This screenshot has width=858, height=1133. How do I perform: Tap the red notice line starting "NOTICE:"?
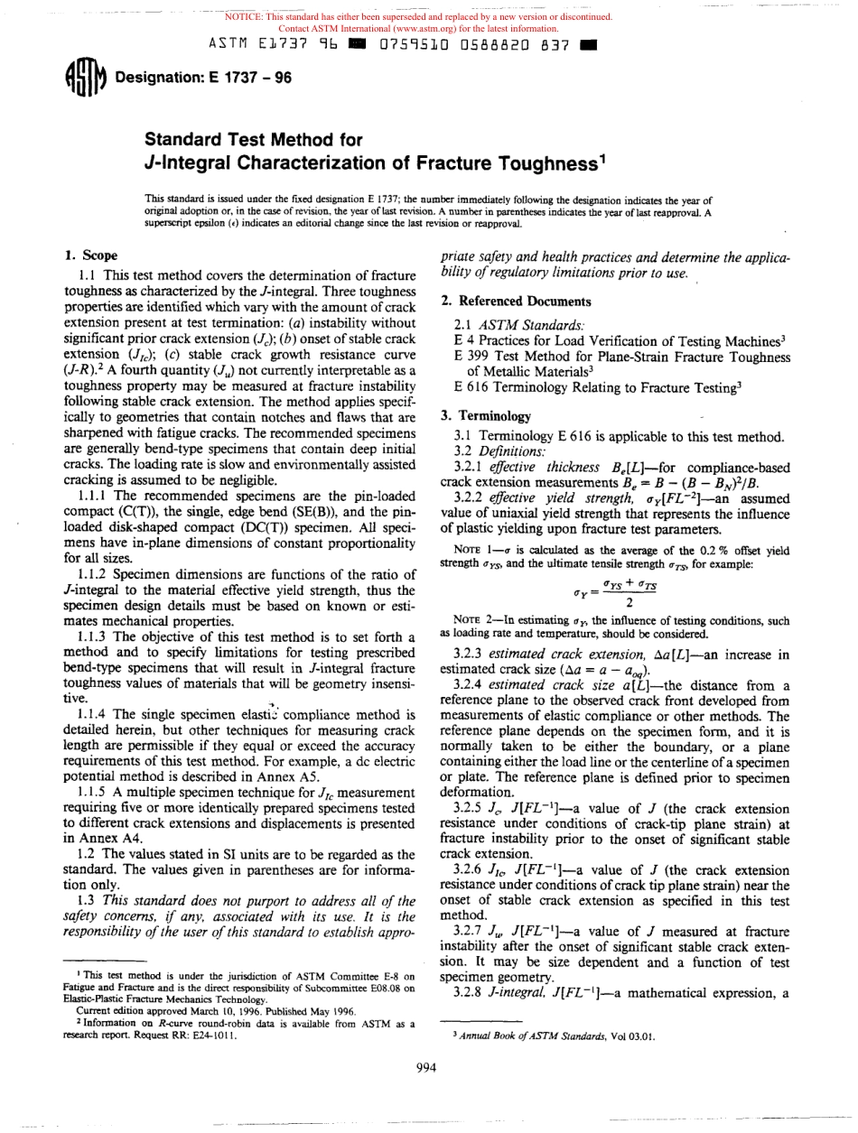(418, 16)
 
